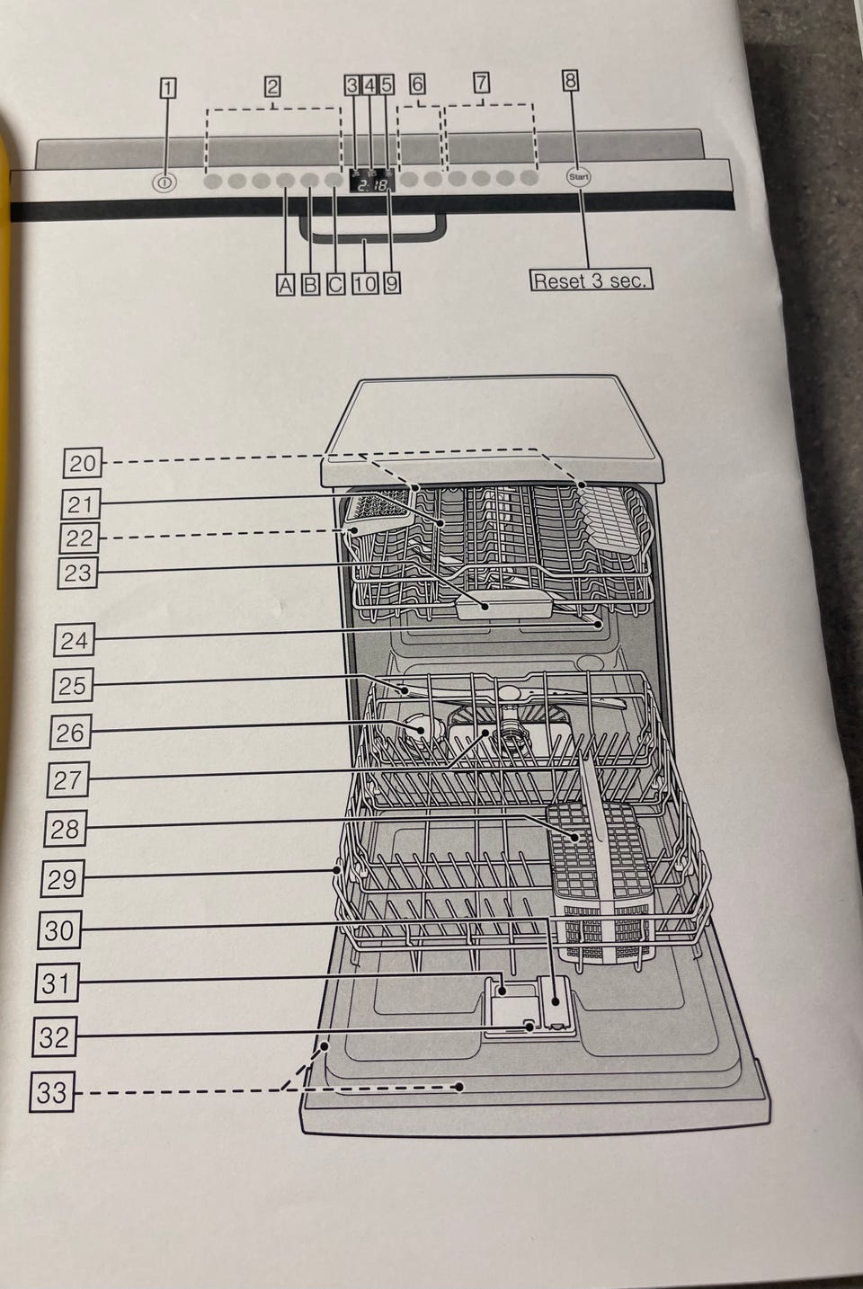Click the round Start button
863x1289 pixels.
pos(579,177)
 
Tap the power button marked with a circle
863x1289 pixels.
pos(165,183)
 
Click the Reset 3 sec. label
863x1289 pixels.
pos(591,280)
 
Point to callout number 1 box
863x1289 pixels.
pos(167,89)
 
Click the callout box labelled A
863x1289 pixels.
pos(285,285)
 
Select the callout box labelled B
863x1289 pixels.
pos(310,285)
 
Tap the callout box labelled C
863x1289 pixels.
pos(335,285)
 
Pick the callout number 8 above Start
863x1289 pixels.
pos(570,81)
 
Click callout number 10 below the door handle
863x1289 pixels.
pos(365,284)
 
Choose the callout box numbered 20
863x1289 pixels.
pos(83,463)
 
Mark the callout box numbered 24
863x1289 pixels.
pos(75,640)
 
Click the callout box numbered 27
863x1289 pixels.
pos(68,779)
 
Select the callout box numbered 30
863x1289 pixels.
pos(60,930)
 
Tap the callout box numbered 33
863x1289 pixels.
pos(52,1091)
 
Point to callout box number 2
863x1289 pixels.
pos(272,86)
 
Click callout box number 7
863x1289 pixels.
pos(482,83)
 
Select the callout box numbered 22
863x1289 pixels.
pos(79,538)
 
